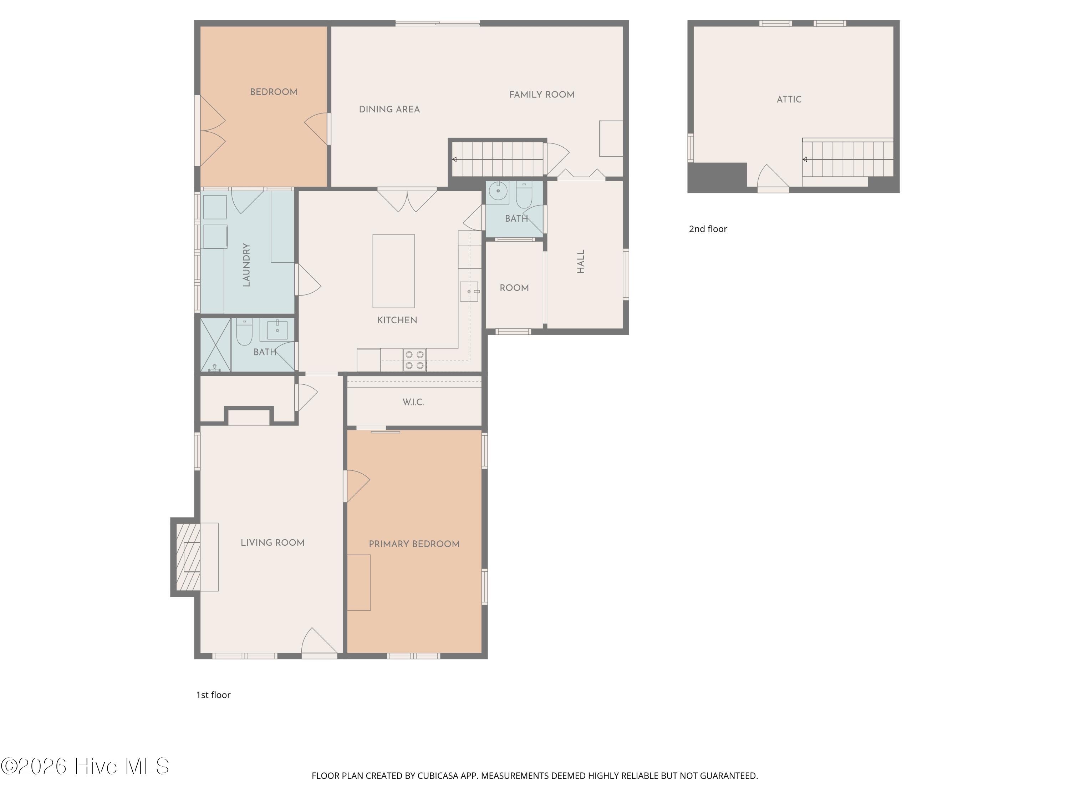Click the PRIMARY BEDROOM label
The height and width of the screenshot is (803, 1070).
[414, 544]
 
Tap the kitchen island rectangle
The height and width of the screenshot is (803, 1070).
[393, 271]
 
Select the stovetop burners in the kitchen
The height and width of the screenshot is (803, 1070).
[414, 360]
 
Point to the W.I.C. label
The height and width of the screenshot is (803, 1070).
[413, 402]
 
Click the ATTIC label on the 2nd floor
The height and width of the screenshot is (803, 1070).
[789, 99]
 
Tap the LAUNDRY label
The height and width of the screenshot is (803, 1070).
[246, 265]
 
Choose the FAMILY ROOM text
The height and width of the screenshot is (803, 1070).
[542, 95]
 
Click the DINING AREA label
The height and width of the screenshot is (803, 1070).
[389, 110]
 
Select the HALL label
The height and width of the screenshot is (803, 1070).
[581, 261]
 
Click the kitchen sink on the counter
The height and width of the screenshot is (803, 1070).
[469, 291]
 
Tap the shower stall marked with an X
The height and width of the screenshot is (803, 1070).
[216, 345]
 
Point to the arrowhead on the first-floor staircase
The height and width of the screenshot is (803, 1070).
[454, 159]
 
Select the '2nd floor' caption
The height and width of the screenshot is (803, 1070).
[708, 229]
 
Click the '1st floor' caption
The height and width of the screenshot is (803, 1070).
[213, 695]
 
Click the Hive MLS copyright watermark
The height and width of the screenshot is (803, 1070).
[85, 766]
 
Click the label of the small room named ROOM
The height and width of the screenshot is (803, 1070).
[514, 288]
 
